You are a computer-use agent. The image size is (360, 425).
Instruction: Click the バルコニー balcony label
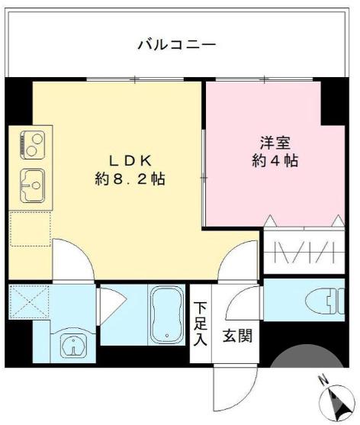[176, 44]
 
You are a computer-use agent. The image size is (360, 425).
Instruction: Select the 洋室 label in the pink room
[275, 142]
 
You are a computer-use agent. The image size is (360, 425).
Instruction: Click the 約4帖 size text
[275, 161]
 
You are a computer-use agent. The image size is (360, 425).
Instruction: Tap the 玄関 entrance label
[236, 336]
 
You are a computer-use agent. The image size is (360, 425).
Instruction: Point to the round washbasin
[70, 346]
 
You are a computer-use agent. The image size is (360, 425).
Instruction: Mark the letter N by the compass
[323, 379]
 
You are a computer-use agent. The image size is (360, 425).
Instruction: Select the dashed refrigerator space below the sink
[30, 229]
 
